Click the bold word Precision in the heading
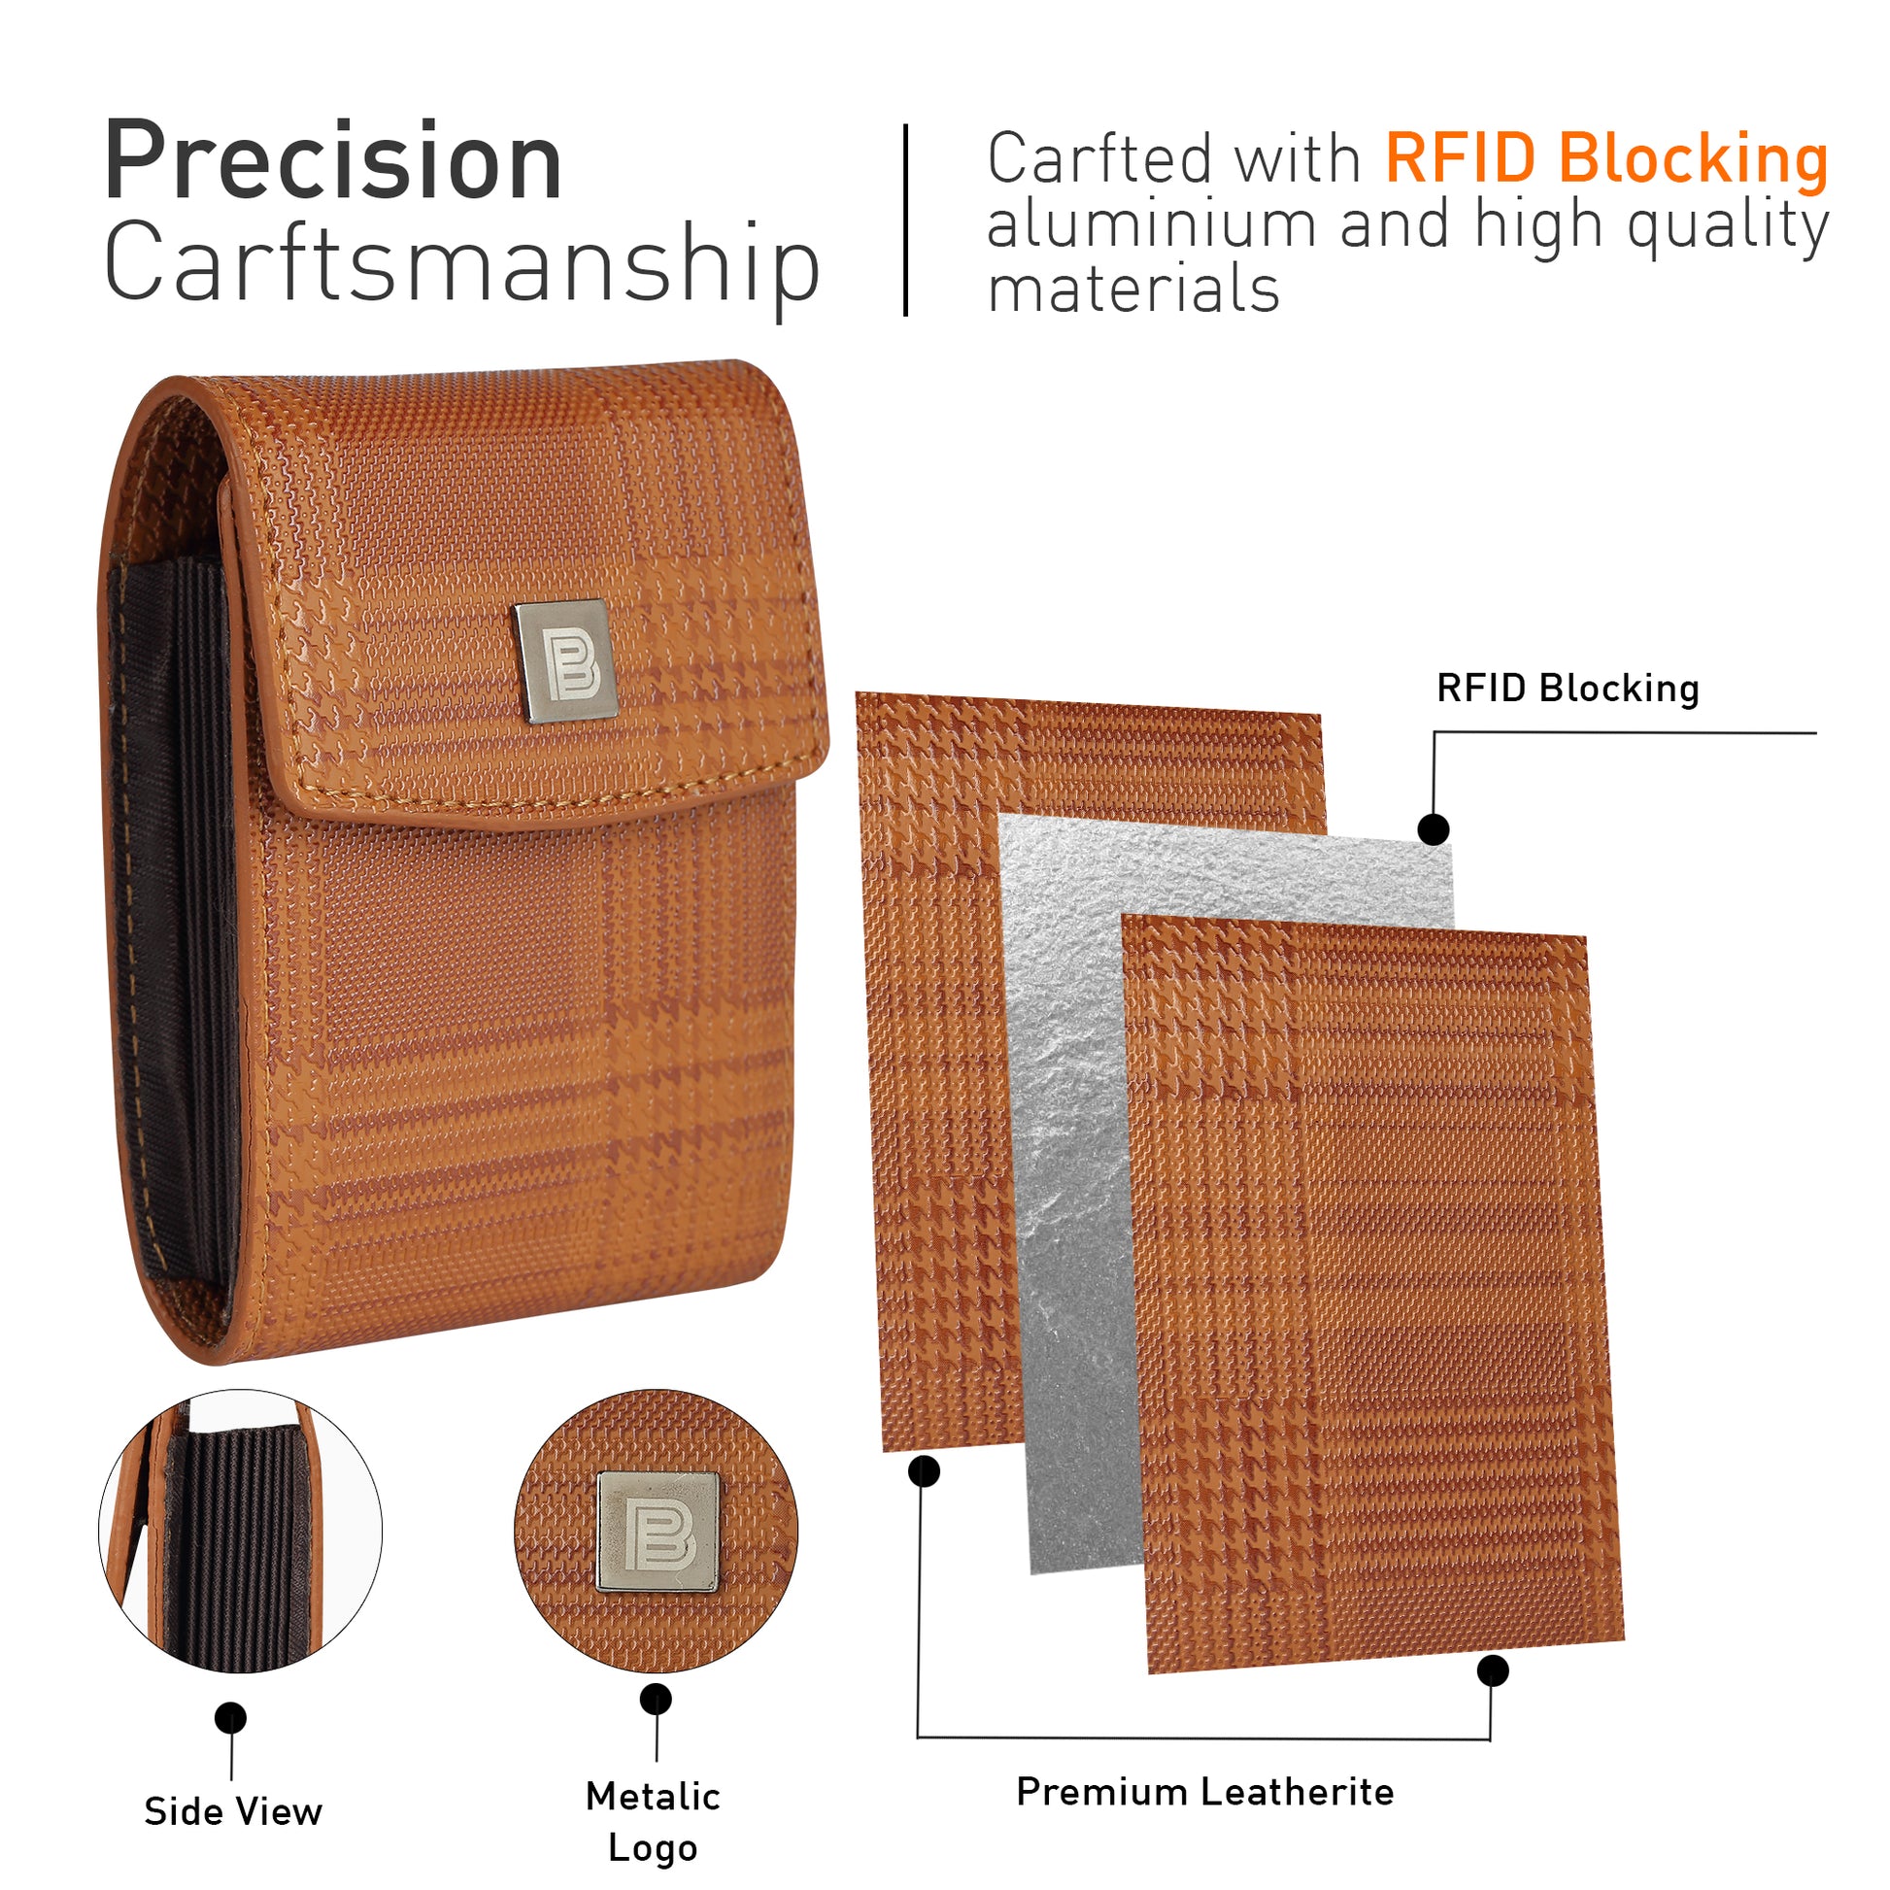[332, 159]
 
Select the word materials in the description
[1132, 290]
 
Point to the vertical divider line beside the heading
[906, 220]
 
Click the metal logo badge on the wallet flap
[564, 661]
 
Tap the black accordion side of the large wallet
[173, 920]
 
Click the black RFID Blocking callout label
[1568, 688]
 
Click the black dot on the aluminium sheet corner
[1434, 829]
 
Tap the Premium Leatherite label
[1204, 1791]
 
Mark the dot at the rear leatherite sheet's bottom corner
[924, 1471]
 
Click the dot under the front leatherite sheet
[1492, 1671]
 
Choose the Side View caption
[233, 1811]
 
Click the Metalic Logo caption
[653, 1821]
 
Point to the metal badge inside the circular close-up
[658, 1531]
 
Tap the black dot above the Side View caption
[231, 1718]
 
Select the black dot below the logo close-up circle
[656, 1700]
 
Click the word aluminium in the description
[1152, 224]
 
